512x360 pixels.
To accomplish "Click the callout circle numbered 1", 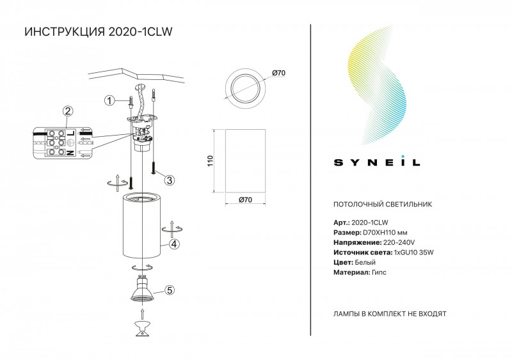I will click(109, 100).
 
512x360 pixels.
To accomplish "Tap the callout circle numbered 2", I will click(67, 111).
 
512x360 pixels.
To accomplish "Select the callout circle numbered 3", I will click(169, 180).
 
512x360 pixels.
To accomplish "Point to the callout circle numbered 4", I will click(174, 244).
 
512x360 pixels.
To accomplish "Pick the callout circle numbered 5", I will click(169, 290).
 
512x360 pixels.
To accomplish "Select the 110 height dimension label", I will click(209, 160).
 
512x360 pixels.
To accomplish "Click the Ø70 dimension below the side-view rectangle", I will click(244, 201).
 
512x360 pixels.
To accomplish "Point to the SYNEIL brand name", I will click(377, 162).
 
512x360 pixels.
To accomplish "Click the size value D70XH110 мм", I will click(390, 233).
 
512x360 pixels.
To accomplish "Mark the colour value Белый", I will click(364, 262).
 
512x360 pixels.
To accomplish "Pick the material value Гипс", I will click(378, 272).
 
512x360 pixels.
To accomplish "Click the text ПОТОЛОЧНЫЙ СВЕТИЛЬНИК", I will click(383, 205).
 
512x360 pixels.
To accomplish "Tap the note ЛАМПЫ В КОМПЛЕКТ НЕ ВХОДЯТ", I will click(390, 315).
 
